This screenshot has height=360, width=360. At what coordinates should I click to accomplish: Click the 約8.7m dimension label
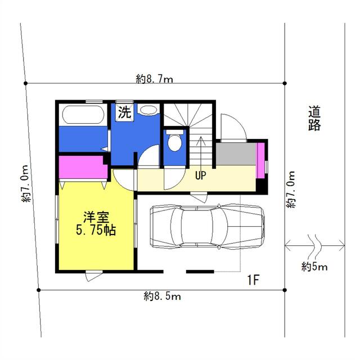click(154, 79)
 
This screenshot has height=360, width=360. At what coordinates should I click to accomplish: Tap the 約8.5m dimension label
click(163, 296)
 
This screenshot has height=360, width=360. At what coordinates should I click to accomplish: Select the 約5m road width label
click(314, 267)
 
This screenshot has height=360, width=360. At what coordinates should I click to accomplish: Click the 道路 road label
click(314, 118)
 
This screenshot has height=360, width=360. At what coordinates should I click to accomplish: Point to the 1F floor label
click(253, 280)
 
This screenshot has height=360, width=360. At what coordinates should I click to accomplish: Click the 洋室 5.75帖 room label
click(96, 223)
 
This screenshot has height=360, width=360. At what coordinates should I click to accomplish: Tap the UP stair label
click(200, 175)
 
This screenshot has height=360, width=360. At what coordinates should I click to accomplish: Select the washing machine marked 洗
click(124, 112)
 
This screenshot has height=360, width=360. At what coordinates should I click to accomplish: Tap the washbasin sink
click(148, 110)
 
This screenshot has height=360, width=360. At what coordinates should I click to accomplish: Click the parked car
click(207, 227)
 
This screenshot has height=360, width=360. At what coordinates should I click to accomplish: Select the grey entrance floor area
click(236, 154)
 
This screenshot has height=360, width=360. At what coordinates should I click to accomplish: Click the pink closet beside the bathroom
click(83, 168)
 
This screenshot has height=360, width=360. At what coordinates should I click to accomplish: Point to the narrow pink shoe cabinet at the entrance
click(260, 160)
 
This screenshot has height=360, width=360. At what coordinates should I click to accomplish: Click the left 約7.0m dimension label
click(25, 183)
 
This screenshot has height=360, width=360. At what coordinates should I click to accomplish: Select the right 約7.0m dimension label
click(290, 190)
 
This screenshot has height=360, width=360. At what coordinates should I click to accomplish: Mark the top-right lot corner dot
click(285, 83)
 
